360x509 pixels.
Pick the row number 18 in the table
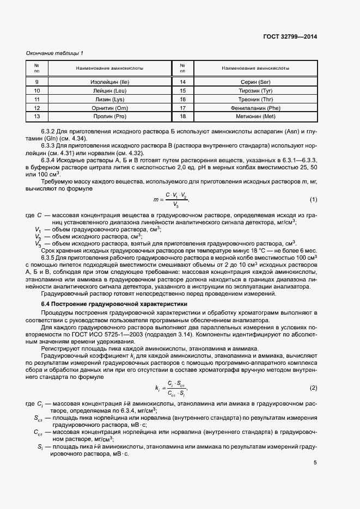[182, 117]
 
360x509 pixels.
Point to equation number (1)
[313, 200]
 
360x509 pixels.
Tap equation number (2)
[313, 388]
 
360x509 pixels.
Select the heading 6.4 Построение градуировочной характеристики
[114, 303]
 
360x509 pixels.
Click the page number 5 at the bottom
[315, 463]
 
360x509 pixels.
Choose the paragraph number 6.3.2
[51, 132]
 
